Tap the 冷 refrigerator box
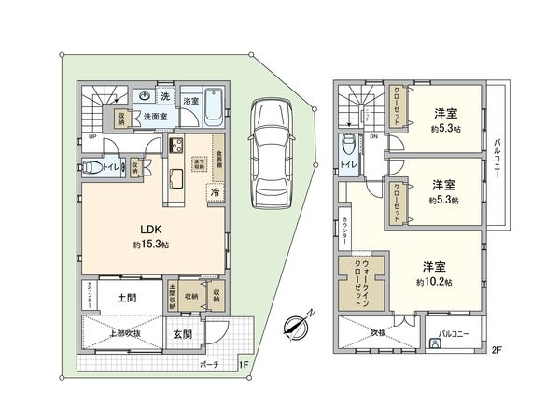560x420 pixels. point(215,192)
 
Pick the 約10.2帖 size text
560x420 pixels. point(435,281)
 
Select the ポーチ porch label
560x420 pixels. point(210,364)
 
